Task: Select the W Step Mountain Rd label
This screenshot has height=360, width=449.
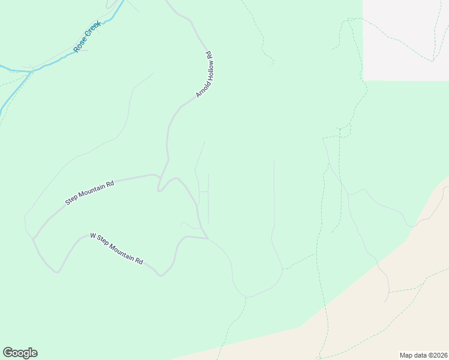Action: pos(116,248)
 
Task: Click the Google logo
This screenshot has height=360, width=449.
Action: pos(20,353)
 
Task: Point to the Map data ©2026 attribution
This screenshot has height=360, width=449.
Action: pos(423,355)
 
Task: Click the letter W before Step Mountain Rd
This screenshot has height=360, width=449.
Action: pos(92,236)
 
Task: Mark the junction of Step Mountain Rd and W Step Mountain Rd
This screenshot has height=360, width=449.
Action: pos(34,239)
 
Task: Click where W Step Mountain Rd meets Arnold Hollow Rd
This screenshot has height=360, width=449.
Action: pos(207,238)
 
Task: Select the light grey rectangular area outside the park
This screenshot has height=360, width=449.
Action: pos(405,39)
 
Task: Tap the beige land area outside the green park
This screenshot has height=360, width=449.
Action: pos(384,324)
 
